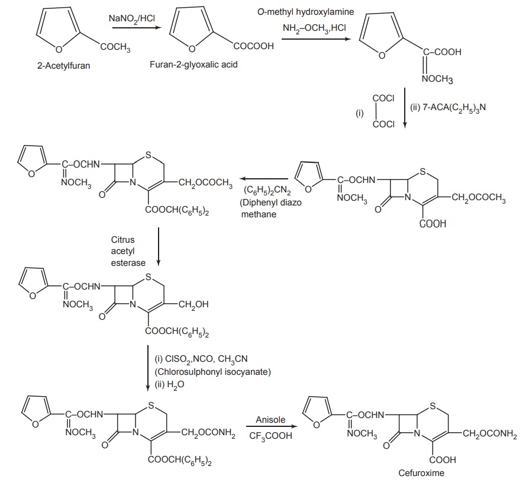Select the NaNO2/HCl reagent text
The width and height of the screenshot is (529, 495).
pyautogui.click(x=131, y=18)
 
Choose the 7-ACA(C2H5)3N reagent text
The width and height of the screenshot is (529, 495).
pyautogui.click(x=444, y=108)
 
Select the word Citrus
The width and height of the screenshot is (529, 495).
pyautogui.click(x=123, y=240)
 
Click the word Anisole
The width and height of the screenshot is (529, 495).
pyautogui.click(x=270, y=420)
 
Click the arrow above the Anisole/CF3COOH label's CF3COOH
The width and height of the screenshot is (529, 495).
pyautogui.click(x=270, y=429)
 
